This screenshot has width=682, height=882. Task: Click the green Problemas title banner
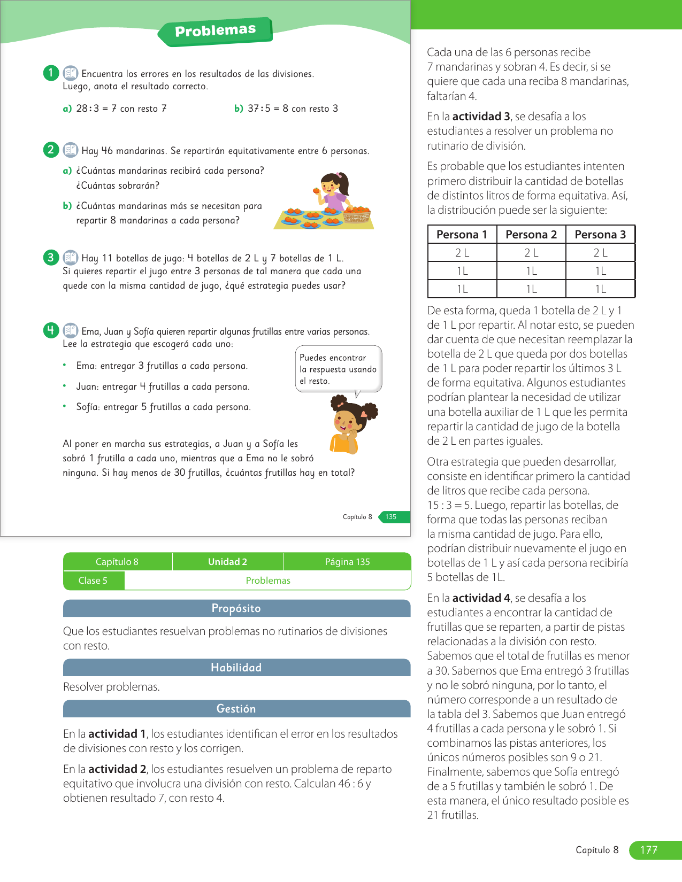[215, 31]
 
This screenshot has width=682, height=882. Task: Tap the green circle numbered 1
[51, 73]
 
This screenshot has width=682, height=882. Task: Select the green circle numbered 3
[51, 258]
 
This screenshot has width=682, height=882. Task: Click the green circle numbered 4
[51, 330]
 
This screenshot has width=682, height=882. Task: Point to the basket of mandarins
[357, 214]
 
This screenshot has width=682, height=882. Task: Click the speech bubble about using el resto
[338, 369]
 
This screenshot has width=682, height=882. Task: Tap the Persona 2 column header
[531, 235]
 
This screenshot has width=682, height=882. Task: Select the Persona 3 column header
[600, 235]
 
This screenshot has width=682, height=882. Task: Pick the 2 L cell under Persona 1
[462, 253]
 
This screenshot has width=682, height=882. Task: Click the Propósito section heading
[236, 608]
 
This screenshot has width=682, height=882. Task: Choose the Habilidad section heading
[236, 668]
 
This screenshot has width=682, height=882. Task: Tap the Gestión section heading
[236, 709]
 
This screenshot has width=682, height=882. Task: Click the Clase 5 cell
[93, 581]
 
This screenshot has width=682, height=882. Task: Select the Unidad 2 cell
[227, 562]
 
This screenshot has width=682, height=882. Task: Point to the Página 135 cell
[347, 562]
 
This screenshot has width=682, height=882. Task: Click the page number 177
[649, 850]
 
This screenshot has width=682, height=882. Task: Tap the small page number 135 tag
[391, 517]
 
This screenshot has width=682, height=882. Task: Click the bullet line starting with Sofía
[163, 407]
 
